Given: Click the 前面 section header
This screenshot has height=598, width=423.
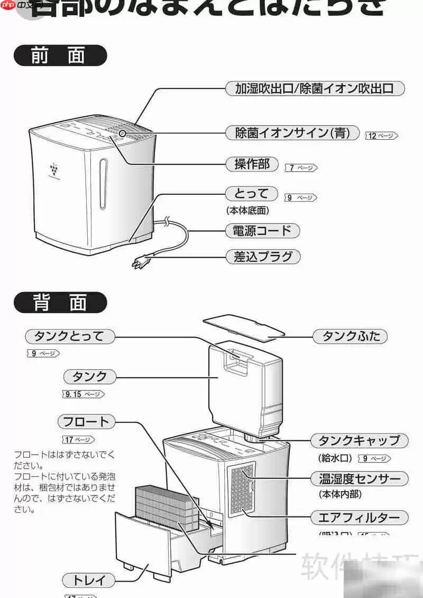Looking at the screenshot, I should (60, 56).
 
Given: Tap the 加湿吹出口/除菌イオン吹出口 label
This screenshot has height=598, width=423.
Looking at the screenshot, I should (314, 88).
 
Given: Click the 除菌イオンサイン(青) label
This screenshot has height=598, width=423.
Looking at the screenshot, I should (292, 132).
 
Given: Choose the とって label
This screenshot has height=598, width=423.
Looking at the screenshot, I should (251, 194).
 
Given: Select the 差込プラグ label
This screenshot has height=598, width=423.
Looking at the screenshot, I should (263, 257).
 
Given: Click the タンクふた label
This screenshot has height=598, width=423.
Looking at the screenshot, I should (351, 336).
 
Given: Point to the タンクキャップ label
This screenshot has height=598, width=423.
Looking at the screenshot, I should (358, 440).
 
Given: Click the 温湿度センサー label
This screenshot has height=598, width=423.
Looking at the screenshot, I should (360, 479).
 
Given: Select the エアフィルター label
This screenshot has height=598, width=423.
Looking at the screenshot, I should (359, 517).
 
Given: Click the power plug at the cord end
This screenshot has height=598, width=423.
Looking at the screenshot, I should (140, 261).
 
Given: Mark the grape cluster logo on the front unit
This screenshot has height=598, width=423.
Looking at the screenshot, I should (53, 169).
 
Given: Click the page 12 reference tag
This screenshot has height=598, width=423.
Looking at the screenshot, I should (381, 136).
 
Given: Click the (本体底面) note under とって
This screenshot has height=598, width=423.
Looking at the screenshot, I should (247, 210).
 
